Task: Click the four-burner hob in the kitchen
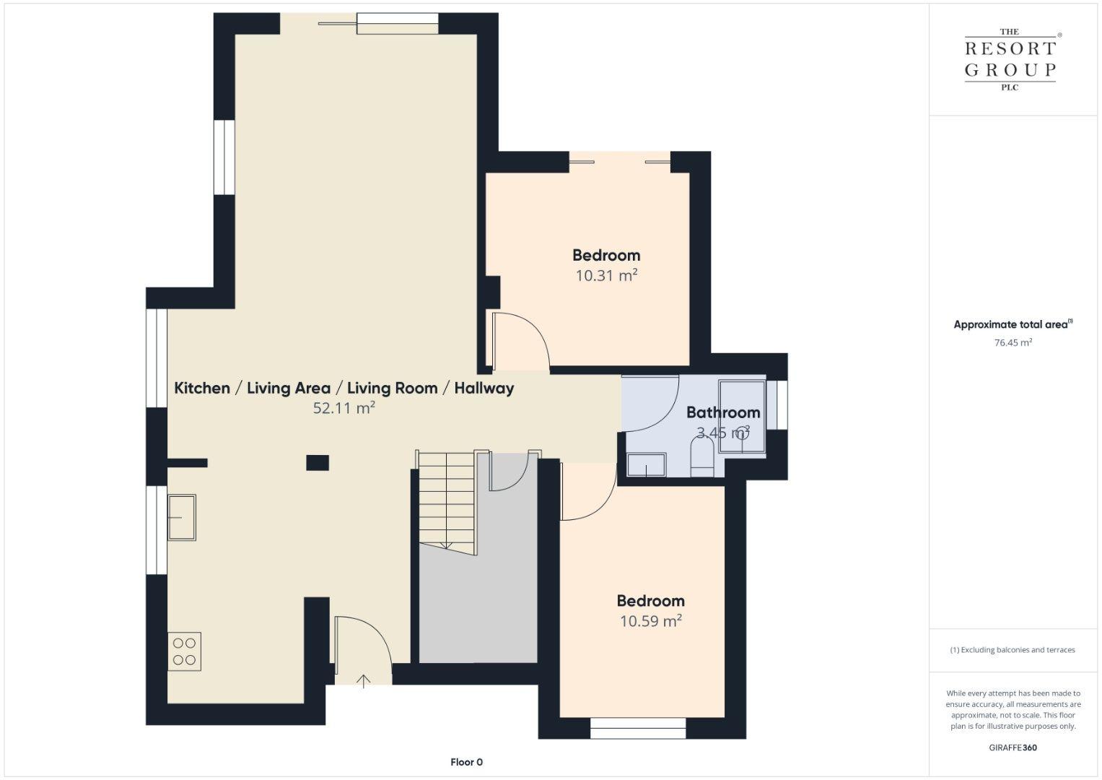coord(184,651)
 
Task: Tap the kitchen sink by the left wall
coord(182,518)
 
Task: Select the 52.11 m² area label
coord(344,408)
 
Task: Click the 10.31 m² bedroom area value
coord(607,275)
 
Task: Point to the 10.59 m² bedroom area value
coord(651,621)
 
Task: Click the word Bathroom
coord(723,412)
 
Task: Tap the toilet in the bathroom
coord(702,456)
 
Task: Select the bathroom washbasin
coord(647,465)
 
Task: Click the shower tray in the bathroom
coord(742,416)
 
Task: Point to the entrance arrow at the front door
coord(363,681)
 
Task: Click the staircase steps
coord(447,502)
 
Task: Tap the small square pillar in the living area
coord(318,463)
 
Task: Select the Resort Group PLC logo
coord(1010,59)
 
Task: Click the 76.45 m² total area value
coord(1013,342)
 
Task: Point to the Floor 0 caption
coord(466,762)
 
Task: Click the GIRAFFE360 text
coord(1013,747)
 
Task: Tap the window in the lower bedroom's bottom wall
coord(638,728)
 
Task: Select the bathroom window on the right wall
coord(777,404)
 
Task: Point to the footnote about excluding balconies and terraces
coord(1013,650)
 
